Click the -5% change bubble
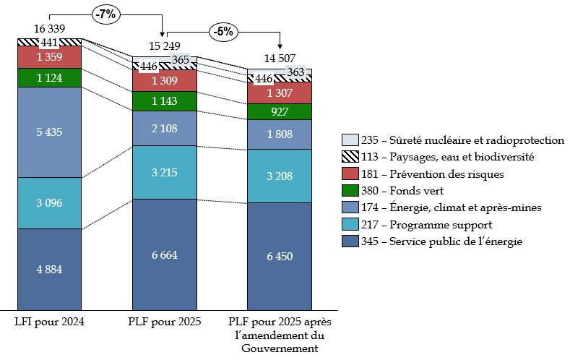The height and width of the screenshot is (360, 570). pos(223,31)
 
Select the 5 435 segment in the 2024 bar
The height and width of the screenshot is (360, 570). pos(50,132)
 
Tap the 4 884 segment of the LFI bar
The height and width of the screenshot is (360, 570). pos(50,270)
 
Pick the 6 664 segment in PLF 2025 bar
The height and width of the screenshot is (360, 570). pos(165,254)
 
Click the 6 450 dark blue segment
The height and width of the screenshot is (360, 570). pos(280,257)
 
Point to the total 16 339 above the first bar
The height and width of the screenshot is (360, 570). pos(50,28)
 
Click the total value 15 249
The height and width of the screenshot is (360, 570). pos(165,46)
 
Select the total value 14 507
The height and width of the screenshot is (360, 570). pos(280,60)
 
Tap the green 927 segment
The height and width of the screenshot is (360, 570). pos(280,112)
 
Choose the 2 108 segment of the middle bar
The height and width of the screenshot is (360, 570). pos(165,129)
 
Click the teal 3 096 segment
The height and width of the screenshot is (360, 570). pos(50,203)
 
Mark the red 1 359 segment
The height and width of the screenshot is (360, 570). pos(50,56)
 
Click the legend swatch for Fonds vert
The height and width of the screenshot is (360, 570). pos(350,191)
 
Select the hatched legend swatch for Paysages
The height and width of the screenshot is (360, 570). pos(350,157)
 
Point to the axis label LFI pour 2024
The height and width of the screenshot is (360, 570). pos(50,321)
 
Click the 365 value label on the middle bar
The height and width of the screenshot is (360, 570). pos(178,60)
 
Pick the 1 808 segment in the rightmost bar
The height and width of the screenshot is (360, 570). pos(280,134)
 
